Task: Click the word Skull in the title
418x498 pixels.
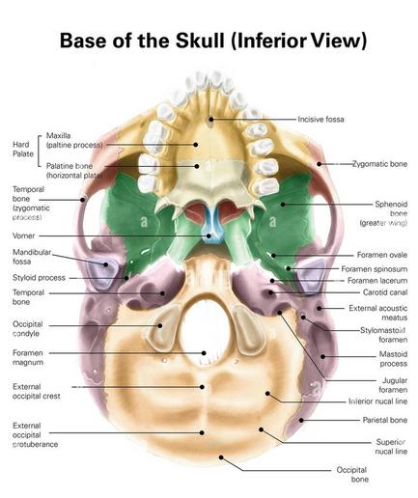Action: click(x=200, y=41)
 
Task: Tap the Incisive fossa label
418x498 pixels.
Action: click(x=320, y=120)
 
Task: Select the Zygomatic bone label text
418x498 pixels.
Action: click(x=379, y=164)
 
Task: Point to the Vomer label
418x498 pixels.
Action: click(x=23, y=235)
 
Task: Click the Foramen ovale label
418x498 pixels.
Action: click(x=382, y=255)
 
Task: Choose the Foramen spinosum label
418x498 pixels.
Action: click(x=375, y=268)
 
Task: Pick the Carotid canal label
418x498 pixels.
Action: click(x=385, y=292)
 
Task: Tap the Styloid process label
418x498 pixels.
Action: click(x=39, y=278)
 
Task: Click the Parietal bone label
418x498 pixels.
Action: click(x=385, y=420)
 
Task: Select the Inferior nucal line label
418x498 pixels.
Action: click(x=377, y=401)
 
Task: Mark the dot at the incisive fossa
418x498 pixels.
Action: click(x=211, y=120)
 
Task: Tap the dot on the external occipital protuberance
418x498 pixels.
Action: click(x=202, y=432)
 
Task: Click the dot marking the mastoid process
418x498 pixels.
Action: click(x=322, y=356)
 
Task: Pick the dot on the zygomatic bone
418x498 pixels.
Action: click(x=319, y=164)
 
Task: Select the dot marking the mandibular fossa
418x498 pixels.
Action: click(x=105, y=264)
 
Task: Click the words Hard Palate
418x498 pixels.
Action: click(x=23, y=149)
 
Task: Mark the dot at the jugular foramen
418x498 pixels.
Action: click(x=280, y=313)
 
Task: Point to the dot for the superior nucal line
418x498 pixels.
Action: click(x=261, y=429)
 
